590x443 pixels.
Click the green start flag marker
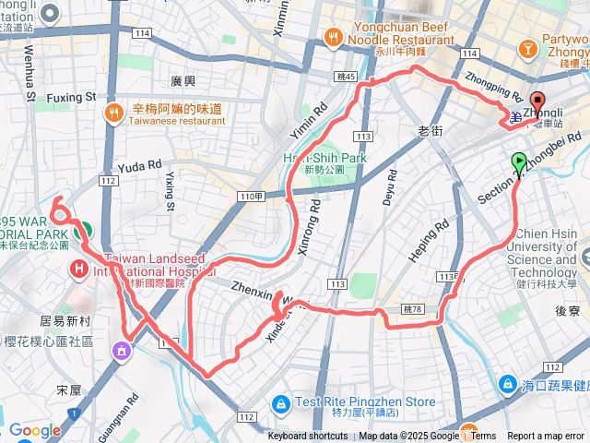coord(519,164)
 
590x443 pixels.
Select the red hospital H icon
coord(79,269)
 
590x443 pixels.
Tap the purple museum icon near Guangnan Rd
coord(121,349)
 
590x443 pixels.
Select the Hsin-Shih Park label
coord(324,159)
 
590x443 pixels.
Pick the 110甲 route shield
coord(251,197)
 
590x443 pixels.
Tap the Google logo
coord(34,430)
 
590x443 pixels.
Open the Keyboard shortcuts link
coord(308,437)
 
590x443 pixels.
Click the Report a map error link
coord(546,437)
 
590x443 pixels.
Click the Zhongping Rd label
coord(494,88)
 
